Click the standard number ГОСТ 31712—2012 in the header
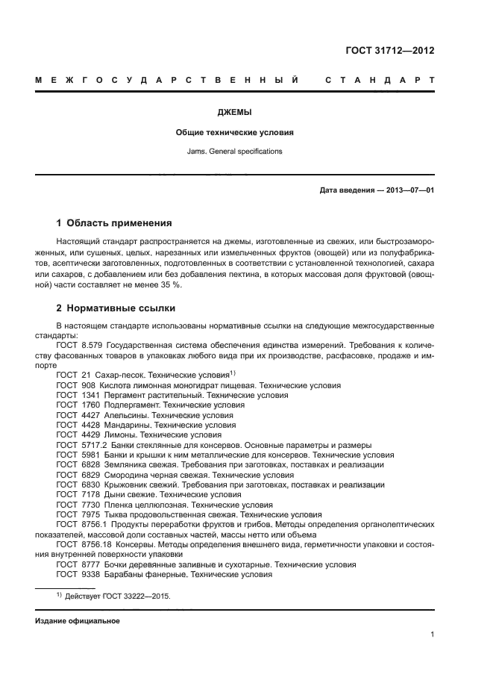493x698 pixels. click(390, 51)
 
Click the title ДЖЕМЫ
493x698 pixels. click(234, 112)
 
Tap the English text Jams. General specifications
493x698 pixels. click(234, 152)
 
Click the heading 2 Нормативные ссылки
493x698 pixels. click(116, 308)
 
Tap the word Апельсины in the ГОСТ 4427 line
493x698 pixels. click(123, 415)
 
